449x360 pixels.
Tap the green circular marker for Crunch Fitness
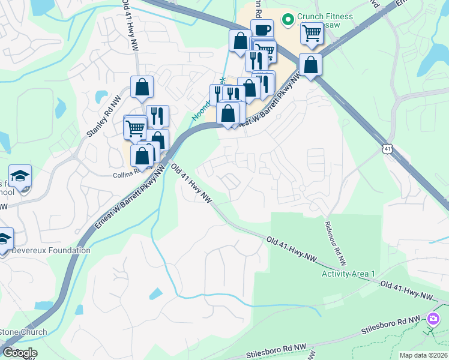pyautogui.click(x=288, y=20)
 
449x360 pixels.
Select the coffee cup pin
pyautogui.click(x=262, y=30)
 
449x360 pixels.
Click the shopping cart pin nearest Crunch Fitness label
pyautogui.click(x=312, y=34)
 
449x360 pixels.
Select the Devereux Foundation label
pyautogui.click(x=52, y=250)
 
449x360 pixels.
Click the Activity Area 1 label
pyautogui.click(x=348, y=274)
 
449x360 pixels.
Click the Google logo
pyautogui.click(x=20, y=353)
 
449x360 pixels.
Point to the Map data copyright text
pyautogui.click(x=423, y=355)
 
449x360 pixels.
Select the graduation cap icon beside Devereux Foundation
pyautogui.click(x=4, y=238)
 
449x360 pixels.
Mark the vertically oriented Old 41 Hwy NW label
pyautogui.click(x=128, y=22)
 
